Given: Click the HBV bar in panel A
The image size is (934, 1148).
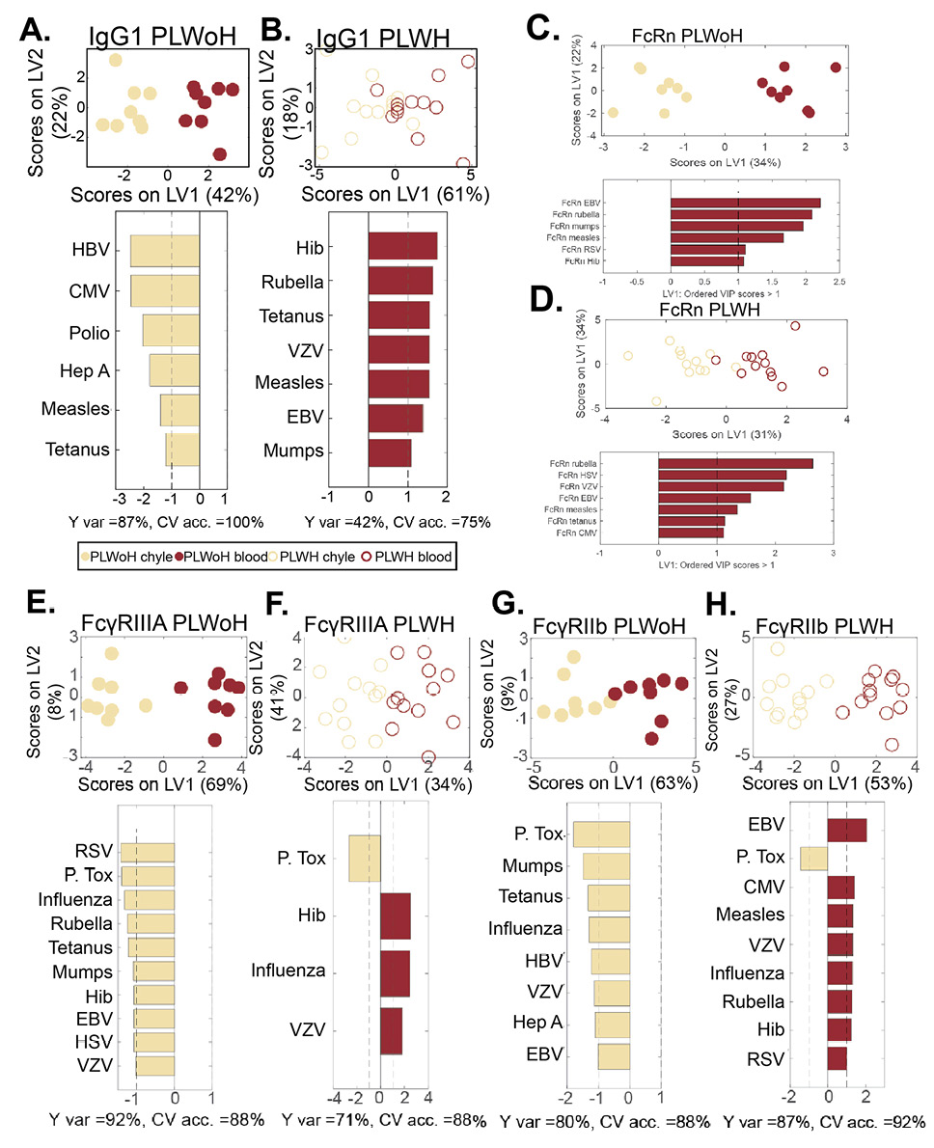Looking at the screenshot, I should click(165, 249).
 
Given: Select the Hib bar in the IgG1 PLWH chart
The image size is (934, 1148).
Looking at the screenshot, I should click(402, 246).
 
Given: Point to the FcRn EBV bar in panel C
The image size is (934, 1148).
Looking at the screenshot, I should click(745, 203).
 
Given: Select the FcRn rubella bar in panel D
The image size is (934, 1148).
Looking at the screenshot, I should click(735, 463).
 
